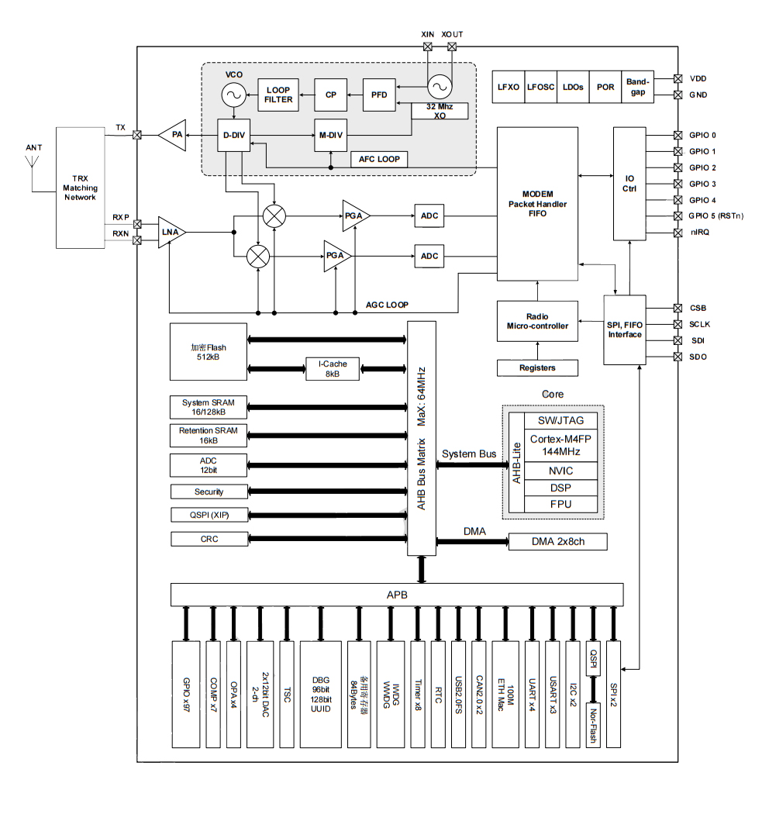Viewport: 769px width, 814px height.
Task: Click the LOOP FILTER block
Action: (x=278, y=95)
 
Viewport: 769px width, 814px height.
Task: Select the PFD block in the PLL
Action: (x=378, y=95)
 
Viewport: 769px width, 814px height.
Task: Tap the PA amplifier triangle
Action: (x=175, y=135)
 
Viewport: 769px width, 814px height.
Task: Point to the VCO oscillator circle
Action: (x=233, y=95)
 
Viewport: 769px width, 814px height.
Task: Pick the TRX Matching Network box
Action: (x=80, y=188)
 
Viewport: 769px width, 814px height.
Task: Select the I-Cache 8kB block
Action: (x=332, y=368)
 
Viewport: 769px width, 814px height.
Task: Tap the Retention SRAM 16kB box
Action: (x=209, y=435)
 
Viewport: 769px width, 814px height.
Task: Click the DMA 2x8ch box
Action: (x=557, y=541)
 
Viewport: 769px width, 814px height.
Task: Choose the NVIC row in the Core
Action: (x=561, y=471)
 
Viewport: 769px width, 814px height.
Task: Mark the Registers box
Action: (x=537, y=367)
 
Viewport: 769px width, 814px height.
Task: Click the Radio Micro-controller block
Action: (x=537, y=321)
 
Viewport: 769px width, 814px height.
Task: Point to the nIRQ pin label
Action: (x=700, y=233)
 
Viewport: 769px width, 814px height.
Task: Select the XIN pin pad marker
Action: (x=427, y=47)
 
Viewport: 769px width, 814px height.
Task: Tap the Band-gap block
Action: (x=637, y=87)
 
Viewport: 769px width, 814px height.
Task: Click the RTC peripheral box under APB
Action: (x=439, y=694)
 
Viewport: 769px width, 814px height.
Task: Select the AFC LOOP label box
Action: (x=379, y=159)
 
